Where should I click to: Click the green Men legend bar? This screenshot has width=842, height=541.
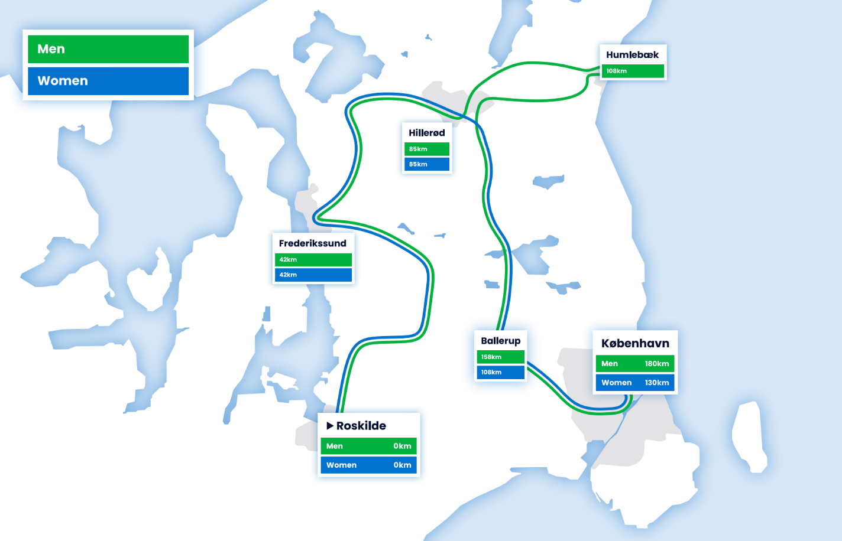pos(108,49)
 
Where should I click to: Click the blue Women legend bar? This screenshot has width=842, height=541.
pos(108,81)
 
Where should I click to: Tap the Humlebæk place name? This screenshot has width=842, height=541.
pos(632,55)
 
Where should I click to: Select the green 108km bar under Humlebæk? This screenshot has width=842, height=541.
pos(633,71)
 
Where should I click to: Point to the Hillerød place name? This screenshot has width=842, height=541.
pos(427,133)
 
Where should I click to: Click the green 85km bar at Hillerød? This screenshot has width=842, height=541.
pos(427,149)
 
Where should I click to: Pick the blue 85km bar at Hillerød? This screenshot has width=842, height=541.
pos(427,164)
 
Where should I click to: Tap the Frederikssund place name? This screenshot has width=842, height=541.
pos(312,243)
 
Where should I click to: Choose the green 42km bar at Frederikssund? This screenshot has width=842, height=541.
pos(313,259)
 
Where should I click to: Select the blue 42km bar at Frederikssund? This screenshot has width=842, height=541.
pos(313,275)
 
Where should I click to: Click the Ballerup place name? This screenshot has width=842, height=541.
pos(501,341)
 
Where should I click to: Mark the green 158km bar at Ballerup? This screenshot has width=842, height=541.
pos(500,357)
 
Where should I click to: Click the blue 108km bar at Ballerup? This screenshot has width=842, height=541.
pos(500,372)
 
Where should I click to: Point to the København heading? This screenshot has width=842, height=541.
pos(635,344)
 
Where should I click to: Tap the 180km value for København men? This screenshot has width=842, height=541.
pos(657,364)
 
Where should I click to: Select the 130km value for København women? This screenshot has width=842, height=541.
pos(657,383)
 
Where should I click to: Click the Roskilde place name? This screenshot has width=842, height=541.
pos(361,426)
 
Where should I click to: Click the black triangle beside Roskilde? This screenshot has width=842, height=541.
pos(330,425)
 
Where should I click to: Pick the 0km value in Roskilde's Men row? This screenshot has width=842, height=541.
pos(402,446)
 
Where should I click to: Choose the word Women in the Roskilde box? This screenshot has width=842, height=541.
pos(341,465)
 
